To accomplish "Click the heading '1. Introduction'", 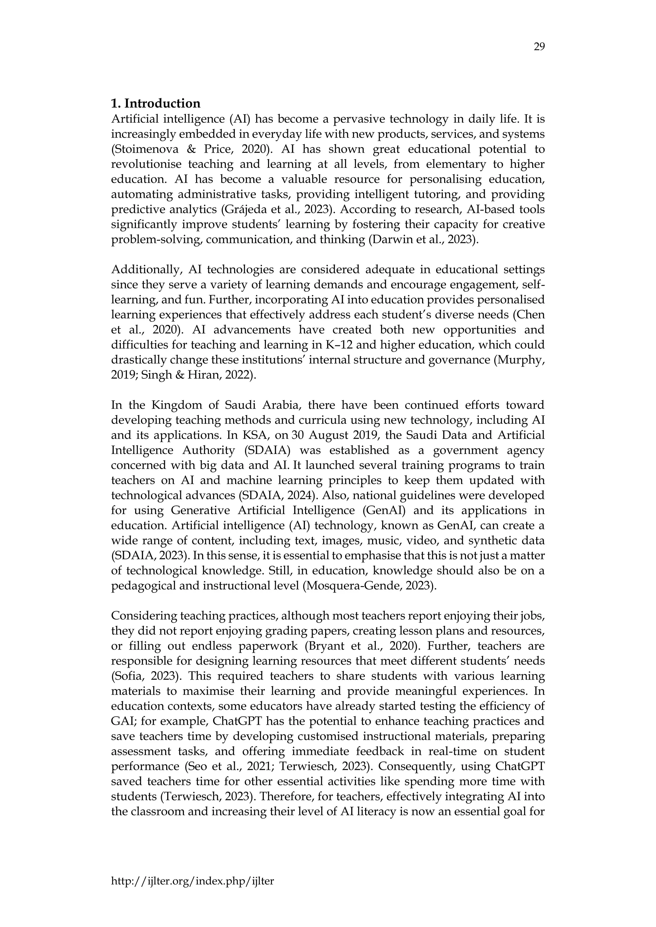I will (156, 103).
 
